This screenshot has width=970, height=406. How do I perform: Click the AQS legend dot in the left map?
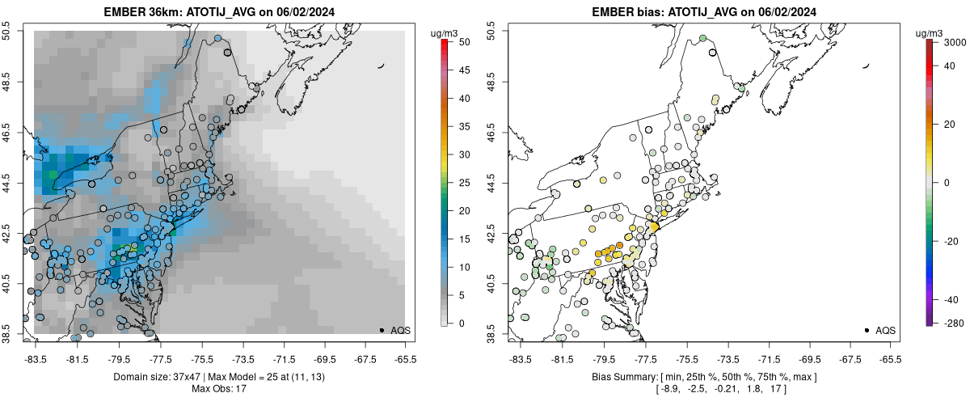coord(382,330)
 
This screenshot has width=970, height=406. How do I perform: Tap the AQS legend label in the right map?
coord(885,330)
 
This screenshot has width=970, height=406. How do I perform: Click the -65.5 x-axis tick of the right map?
coord(890,358)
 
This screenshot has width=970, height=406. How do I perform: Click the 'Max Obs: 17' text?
coord(220,390)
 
